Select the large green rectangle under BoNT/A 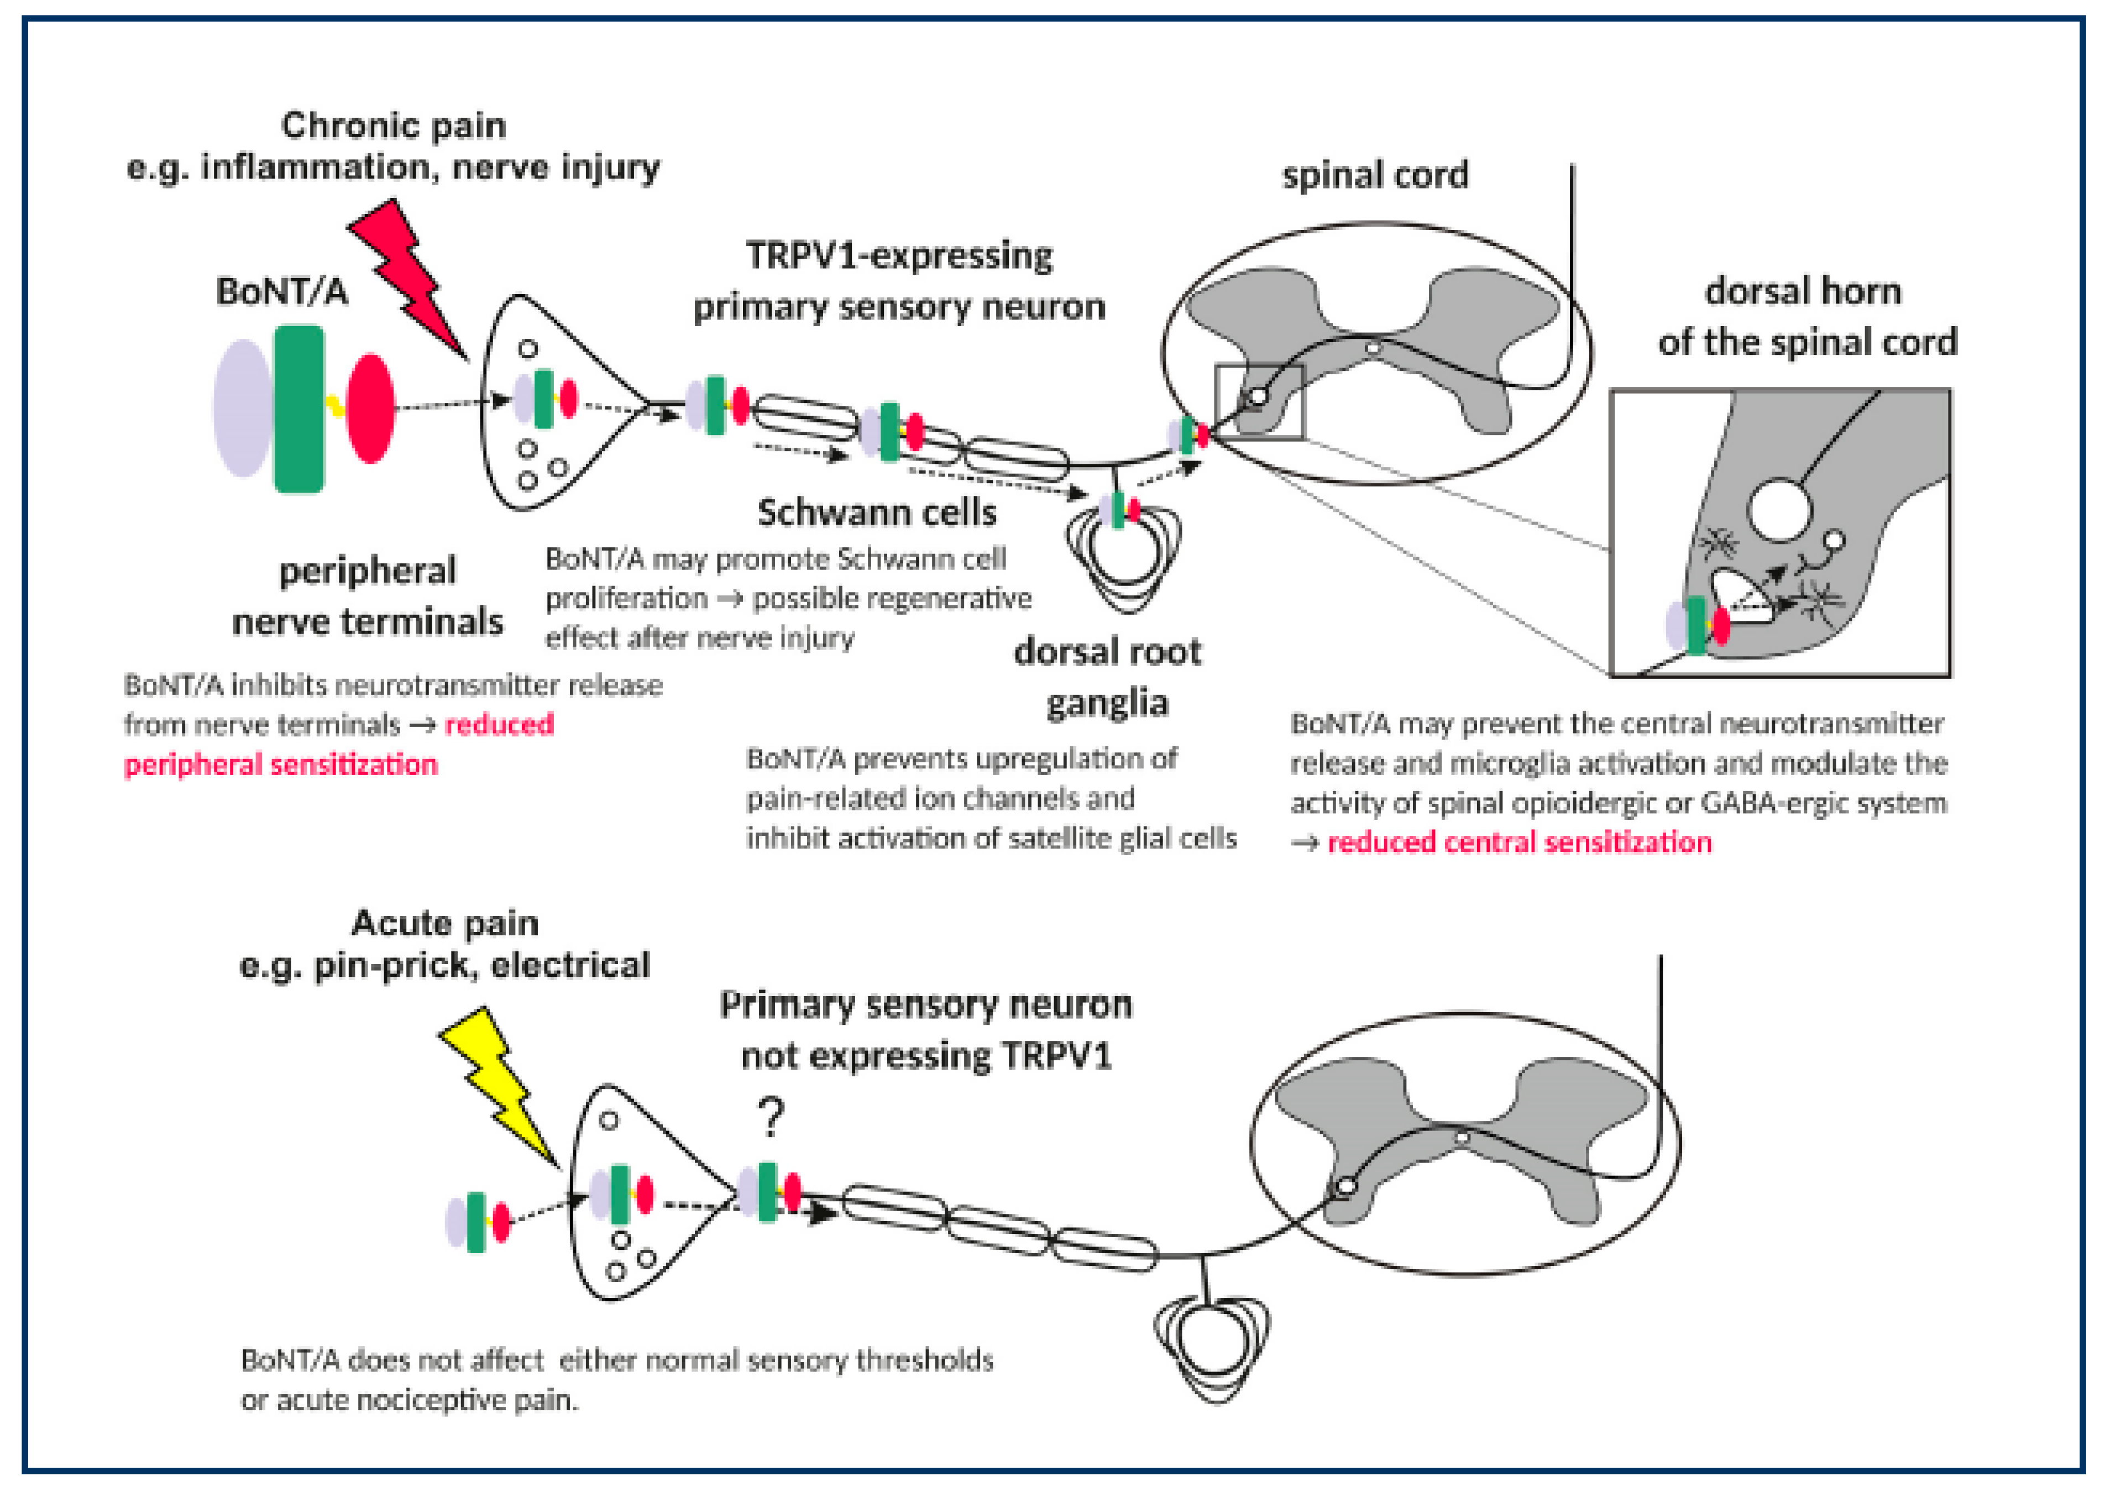pyautogui.click(x=299, y=409)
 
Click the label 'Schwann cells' pyautogui.click(x=877, y=512)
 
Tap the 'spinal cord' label pyautogui.click(x=1375, y=175)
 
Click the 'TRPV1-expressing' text pyautogui.click(x=899, y=255)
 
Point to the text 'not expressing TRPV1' pyautogui.click(x=926, y=1056)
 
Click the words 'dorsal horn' pyautogui.click(x=1803, y=291)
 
